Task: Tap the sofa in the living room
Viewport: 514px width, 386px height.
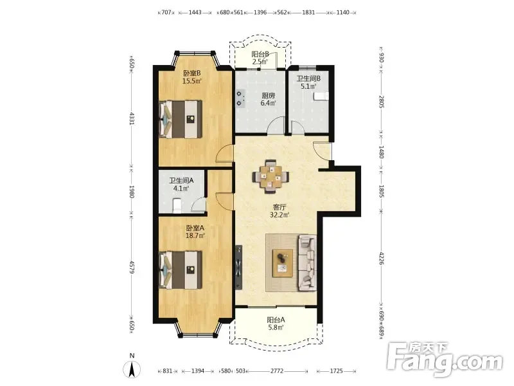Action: pos(308,263)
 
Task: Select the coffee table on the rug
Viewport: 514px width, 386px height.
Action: pos(283,263)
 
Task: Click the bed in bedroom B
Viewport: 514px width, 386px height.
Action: pos(181,119)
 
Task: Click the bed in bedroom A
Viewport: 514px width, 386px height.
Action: pos(181,270)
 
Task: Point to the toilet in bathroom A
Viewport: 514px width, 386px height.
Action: pos(177,205)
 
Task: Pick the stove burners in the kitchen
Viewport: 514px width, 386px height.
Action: pos(240,98)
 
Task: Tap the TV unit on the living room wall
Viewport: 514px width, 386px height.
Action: pos(238,267)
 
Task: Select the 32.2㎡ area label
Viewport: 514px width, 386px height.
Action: pos(279,215)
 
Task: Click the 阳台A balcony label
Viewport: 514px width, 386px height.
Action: pos(276,319)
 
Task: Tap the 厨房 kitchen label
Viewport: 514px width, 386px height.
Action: pos(268,95)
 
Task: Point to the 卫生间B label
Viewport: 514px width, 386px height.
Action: pos(308,78)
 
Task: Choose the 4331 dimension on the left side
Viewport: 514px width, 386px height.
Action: pos(132,119)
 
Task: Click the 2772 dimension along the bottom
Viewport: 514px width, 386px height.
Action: pos(277,371)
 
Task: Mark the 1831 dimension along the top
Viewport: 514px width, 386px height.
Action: pos(308,12)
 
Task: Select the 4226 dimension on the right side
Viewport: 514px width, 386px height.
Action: pos(381,259)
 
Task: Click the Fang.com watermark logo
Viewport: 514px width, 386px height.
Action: pos(444,360)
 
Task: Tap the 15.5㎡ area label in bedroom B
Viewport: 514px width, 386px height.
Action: pos(192,81)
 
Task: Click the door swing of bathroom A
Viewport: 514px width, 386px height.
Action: pos(199,204)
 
